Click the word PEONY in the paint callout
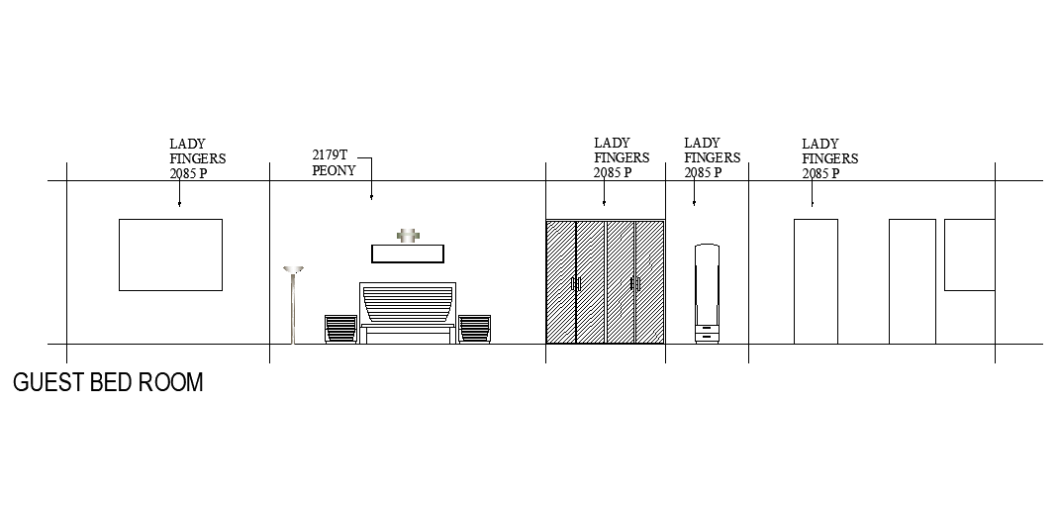coord(334,170)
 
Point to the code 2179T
coord(330,155)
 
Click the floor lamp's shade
coord(293,268)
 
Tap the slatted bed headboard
coord(408,303)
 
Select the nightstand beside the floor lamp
coord(340,329)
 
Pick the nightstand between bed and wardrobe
coord(474,329)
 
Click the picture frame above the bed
coord(408,254)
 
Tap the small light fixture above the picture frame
coord(407,236)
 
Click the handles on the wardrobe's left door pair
coord(575,284)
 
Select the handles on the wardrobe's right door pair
coord(634,284)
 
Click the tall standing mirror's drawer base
coord(707,333)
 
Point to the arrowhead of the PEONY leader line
coord(372,199)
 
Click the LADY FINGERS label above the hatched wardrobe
coord(622,157)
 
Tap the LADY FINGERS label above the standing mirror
coord(712,157)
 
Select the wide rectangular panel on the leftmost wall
coord(170,254)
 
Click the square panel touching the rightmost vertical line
coord(969,254)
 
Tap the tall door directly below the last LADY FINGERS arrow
coord(816,281)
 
